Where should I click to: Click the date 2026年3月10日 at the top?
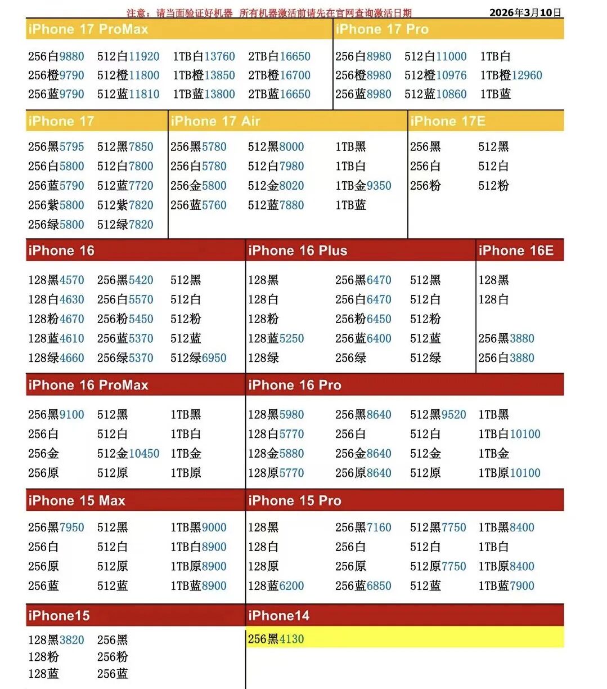click(x=525, y=12)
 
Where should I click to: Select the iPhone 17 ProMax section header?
click(x=88, y=29)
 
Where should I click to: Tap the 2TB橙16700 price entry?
click(x=279, y=75)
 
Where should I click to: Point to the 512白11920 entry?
click(x=128, y=56)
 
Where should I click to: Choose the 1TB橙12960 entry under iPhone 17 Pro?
click(x=511, y=75)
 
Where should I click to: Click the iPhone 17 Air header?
click(x=215, y=121)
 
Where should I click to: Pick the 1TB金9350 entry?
click(x=363, y=186)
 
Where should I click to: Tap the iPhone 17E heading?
click(x=448, y=121)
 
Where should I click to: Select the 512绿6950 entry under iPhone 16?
click(x=199, y=358)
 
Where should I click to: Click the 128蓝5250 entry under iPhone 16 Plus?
click(x=276, y=338)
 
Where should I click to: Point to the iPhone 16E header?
click(x=516, y=250)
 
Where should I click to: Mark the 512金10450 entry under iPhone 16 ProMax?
click(x=128, y=454)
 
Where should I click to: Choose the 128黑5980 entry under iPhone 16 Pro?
click(x=276, y=415)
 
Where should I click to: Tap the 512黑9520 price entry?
click(x=438, y=415)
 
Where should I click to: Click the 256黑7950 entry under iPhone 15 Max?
click(x=56, y=527)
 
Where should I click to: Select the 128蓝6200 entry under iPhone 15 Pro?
click(x=276, y=586)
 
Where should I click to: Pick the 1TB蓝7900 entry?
click(x=506, y=586)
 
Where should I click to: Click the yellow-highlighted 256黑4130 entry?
click(x=276, y=639)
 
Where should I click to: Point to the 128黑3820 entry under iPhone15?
click(x=56, y=640)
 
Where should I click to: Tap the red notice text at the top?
click(x=269, y=13)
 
